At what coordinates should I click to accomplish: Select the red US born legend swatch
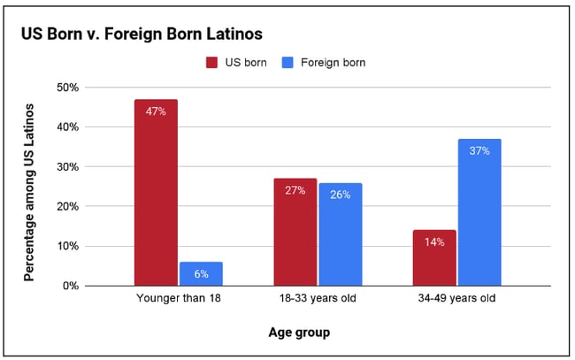click(212, 63)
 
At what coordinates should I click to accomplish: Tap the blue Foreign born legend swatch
click(287, 63)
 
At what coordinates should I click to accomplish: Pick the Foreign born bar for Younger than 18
click(200, 273)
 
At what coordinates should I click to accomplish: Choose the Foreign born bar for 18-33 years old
click(340, 234)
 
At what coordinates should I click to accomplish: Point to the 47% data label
click(156, 111)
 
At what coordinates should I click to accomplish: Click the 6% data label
click(200, 274)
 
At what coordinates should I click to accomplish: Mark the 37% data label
click(479, 150)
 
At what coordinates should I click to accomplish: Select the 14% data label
click(434, 241)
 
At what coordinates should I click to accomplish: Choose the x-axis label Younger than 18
click(178, 299)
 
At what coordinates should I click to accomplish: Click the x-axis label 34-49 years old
click(457, 299)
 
